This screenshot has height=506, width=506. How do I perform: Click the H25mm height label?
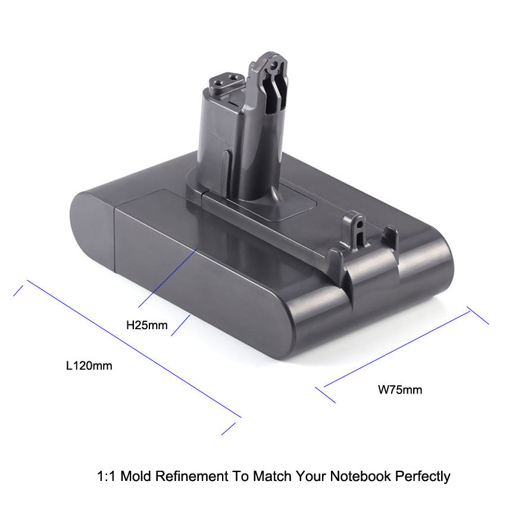[146, 326]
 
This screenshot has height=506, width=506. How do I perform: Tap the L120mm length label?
[89, 366]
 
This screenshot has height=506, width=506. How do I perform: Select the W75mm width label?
[400, 391]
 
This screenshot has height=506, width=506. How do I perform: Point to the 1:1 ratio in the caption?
[106, 476]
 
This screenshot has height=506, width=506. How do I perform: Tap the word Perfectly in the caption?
[420, 476]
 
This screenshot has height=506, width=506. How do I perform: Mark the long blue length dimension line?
[134, 349]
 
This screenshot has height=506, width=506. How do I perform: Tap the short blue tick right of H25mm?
[180, 326]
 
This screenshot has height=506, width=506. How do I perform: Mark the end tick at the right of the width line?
[478, 316]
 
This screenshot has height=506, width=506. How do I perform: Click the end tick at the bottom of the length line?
[229, 429]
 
